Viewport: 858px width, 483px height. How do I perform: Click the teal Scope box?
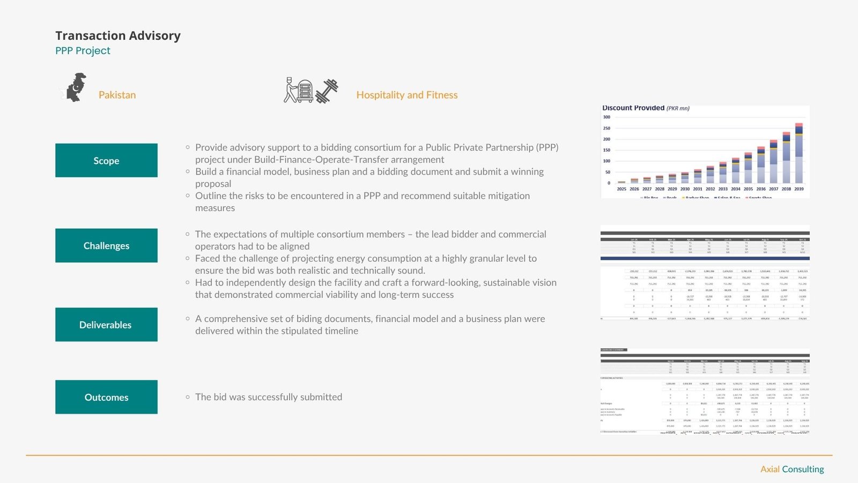pyautogui.click(x=106, y=160)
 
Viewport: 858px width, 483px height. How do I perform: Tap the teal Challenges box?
pyautogui.click(x=106, y=246)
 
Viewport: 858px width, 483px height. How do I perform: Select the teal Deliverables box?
pyautogui.click(x=106, y=325)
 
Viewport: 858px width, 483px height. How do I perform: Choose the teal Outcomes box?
pyautogui.click(x=106, y=397)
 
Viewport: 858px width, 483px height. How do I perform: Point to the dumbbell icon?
pyautogui.click(x=327, y=91)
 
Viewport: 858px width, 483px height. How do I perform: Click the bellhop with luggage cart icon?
pyautogui.click(x=298, y=90)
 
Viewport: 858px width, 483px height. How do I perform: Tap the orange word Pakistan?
pyautogui.click(x=117, y=95)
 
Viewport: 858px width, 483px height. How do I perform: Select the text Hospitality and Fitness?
pyautogui.click(x=407, y=95)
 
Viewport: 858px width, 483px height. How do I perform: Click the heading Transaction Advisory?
pyautogui.click(x=118, y=36)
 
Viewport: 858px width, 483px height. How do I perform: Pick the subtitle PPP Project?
pyautogui.click(x=83, y=51)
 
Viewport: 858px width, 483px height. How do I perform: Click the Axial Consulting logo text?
pyautogui.click(x=792, y=469)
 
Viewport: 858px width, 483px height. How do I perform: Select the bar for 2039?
pyautogui.click(x=799, y=156)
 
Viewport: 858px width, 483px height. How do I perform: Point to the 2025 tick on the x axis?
pyautogui.click(x=622, y=189)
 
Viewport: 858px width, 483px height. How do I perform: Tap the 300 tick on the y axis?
pyautogui.click(x=606, y=117)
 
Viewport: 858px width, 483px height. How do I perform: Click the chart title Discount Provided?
pyautogui.click(x=633, y=108)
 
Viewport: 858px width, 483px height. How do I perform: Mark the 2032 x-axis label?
pyautogui.click(x=710, y=189)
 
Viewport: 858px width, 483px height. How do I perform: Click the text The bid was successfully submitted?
pyautogui.click(x=269, y=397)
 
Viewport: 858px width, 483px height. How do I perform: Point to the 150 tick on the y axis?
pyautogui.click(x=606, y=150)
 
